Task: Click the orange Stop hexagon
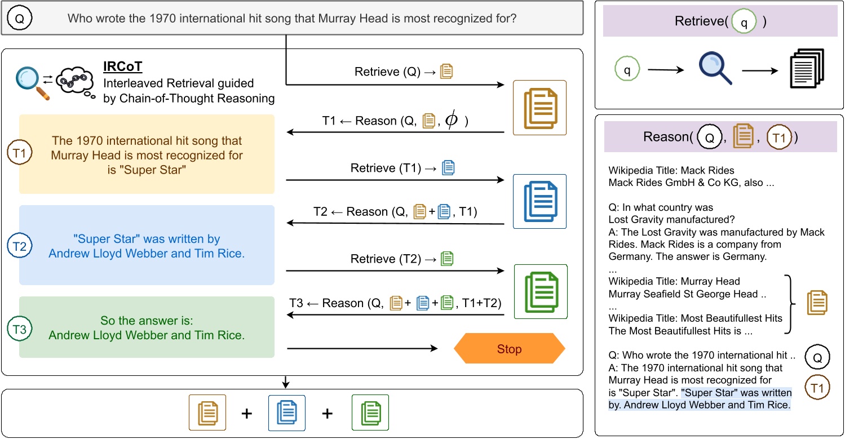tap(509, 349)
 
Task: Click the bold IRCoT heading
tap(123, 67)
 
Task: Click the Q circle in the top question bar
tap(20, 18)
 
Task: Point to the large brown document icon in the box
tap(539, 108)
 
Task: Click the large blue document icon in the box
tap(539, 201)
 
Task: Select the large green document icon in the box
tap(539, 291)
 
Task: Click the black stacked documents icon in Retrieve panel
tap(806, 69)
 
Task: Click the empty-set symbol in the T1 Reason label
tap(452, 121)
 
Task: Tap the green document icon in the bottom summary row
tap(370, 413)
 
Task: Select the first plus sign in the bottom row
tap(246, 414)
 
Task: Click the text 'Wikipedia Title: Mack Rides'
tap(663, 170)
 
